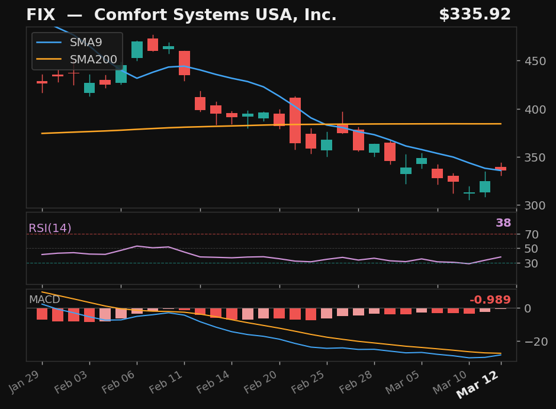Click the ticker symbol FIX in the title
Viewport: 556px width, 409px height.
coord(41,15)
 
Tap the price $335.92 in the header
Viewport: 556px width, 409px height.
coord(475,15)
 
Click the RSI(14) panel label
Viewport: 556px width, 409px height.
coord(50,228)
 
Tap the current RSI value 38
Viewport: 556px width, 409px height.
coord(503,223)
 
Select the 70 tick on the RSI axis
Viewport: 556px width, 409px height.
coord(532,234)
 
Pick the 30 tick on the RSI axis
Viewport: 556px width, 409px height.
coord(532,263)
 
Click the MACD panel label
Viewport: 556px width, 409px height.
coord(44,299)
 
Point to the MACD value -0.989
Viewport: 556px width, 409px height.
coord(490,300)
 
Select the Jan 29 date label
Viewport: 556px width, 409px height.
coord(25,383)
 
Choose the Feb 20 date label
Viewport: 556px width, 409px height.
coord(261,383)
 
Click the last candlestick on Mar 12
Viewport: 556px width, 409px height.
coord(501,169)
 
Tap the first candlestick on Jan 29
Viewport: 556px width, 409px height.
coord(42,83)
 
